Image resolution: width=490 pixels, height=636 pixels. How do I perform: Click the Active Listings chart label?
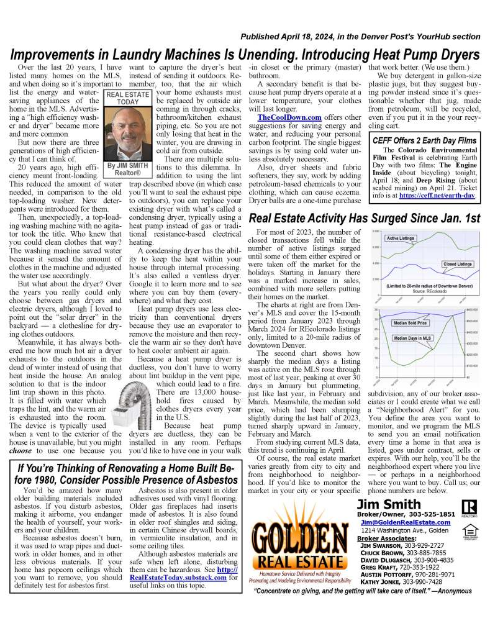click(400, 238)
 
